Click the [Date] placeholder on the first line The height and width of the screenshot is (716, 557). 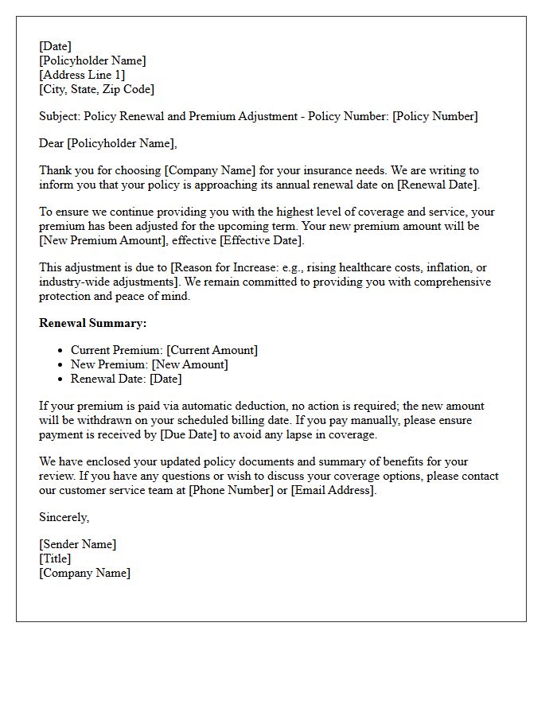pos(55,46)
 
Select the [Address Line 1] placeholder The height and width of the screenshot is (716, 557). pos(82,75)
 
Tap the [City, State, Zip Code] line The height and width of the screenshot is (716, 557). pos(96,89)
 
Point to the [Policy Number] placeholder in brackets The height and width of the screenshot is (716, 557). pos(435,116)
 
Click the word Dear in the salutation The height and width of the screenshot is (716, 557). pos(51,143)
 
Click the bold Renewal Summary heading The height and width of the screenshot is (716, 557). pos(92,323)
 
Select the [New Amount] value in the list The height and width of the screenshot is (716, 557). pos(189,364)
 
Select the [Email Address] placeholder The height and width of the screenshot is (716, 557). pos(332,490)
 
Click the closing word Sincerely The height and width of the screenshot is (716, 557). pos(64,517)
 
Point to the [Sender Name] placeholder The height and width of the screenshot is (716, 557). pos(77,544)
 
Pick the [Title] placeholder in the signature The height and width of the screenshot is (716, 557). pos(55,558)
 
